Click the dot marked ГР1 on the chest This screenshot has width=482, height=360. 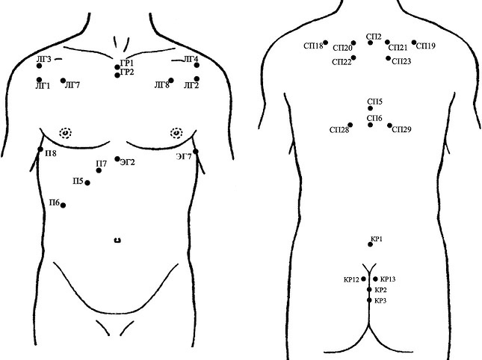[117, 67]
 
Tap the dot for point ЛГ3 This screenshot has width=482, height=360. [39, 66]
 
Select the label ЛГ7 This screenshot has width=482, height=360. [72, 85]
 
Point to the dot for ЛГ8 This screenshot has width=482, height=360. [171, 80]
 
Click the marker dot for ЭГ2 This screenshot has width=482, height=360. [117, 159]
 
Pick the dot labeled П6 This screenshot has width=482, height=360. [63, 205]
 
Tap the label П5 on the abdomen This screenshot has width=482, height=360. [78, 181]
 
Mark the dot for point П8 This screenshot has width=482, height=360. [40, 149]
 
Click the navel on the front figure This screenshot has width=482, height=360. [117, 240]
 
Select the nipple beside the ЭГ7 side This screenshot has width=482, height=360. [176, 133]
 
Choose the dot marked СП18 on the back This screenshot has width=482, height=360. [326, 43]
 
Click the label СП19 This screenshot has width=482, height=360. [426, 46]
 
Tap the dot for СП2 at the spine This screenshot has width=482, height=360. [371, 43]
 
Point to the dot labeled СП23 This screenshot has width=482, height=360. [389, 58]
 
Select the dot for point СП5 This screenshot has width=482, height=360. [371, 108]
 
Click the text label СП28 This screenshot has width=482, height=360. [339, 130]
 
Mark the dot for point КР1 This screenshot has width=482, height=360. [371, 244]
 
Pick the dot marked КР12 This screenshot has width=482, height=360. [364, 279]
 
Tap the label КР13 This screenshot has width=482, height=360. [388, 279]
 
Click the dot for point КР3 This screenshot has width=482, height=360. [369, 300]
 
